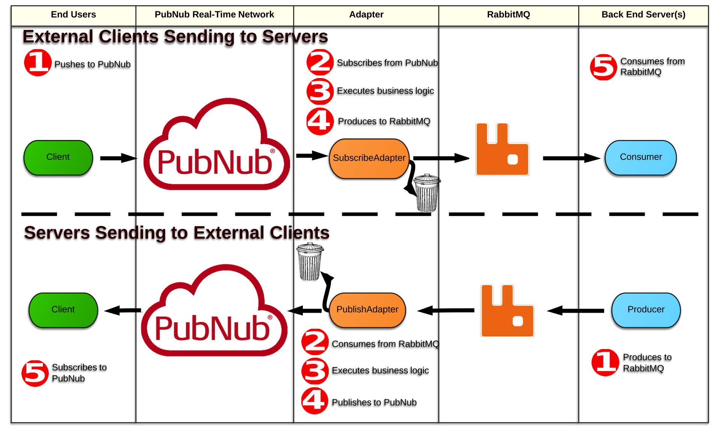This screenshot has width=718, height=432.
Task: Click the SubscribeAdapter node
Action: click(x=369, y=158)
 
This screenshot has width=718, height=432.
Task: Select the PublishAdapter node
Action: click(x=367, y=310)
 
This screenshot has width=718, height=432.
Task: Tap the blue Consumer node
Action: click(x=641, y=158)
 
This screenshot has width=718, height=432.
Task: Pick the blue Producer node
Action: click(x=646, y=310)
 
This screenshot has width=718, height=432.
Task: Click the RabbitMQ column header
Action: click(x=508, y=15)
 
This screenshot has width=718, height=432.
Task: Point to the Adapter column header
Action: click(x=366, y=15)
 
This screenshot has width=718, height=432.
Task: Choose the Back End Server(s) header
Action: click(x=643, y=15)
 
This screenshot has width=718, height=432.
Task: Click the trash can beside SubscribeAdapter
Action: click(x=427, y=193)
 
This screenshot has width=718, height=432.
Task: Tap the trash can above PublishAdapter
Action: click(x=310, y=262)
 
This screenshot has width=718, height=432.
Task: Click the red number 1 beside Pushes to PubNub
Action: click(x=38, y=63)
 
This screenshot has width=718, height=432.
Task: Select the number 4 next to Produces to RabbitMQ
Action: click(x=320, y=122)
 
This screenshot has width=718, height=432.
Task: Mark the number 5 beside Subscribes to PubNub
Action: click(x=35, y=373)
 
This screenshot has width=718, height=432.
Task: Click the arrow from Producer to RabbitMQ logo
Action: click(x=576, y=311)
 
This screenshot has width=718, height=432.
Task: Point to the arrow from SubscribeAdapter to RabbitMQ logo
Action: click(x=441, y=158)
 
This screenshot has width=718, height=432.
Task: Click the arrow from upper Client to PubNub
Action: click(x=118, y=158)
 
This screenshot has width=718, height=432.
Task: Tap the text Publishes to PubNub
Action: click(x=374, y=403)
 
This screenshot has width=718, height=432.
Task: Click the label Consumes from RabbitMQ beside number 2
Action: click(x=385, y=344)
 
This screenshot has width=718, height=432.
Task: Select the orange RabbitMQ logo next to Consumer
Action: click(x=502, y=150)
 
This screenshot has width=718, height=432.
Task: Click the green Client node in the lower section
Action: click(x=63, y=310)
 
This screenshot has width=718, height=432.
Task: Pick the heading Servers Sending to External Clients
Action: click(x=177, y=233)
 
